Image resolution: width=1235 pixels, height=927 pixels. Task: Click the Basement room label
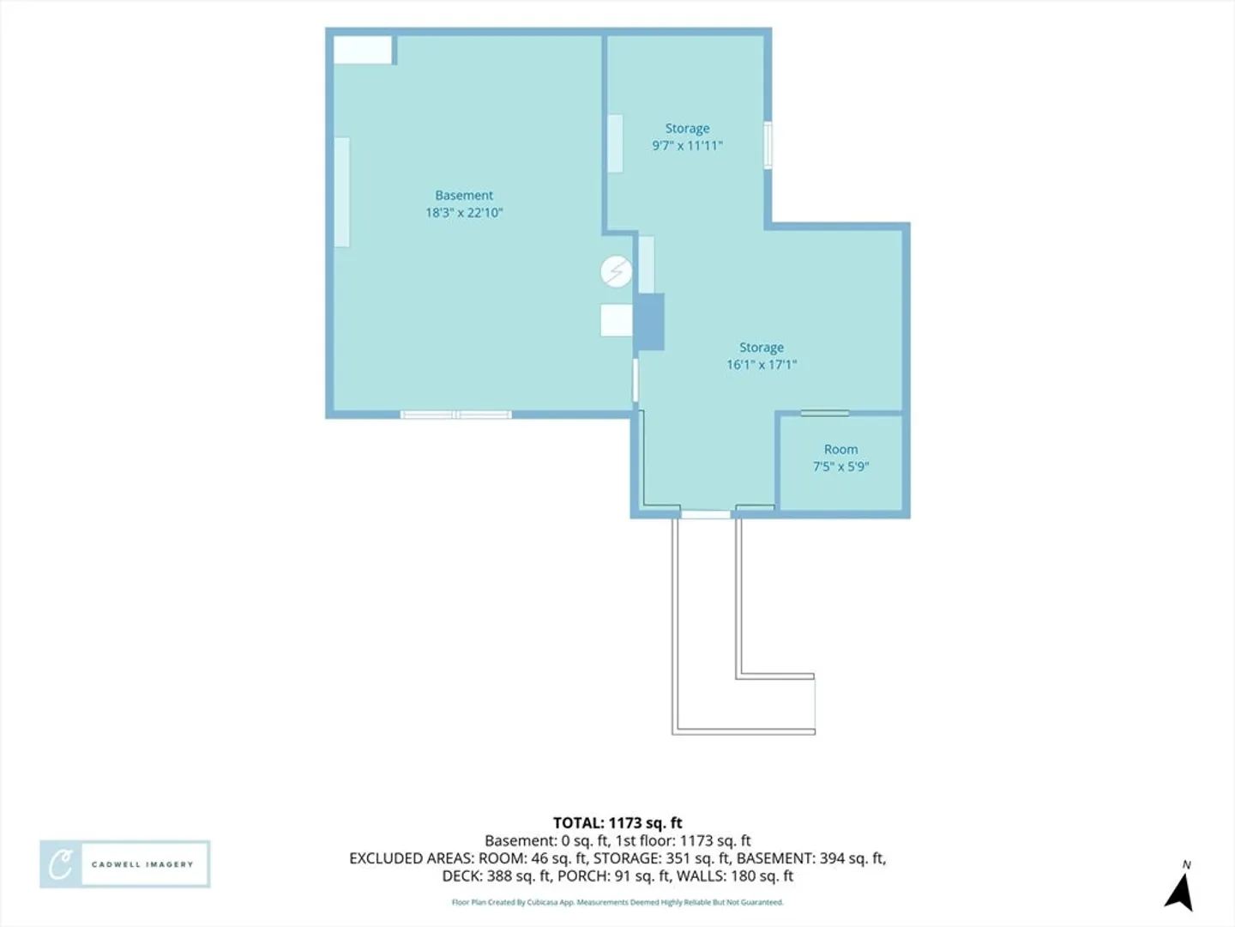[464, 196]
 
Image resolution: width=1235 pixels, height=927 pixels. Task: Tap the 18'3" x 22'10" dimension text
[464, 213]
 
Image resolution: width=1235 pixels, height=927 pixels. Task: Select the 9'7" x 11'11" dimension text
[687, 146]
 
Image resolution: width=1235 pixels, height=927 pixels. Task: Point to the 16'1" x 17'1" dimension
[762, 365]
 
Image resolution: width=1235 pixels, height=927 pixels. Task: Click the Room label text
[840, 449]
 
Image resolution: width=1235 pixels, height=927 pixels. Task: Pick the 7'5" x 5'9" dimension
[840, 467]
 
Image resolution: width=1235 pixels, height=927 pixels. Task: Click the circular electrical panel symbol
[616, 272]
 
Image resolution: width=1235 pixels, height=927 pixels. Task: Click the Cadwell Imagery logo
[125, 864]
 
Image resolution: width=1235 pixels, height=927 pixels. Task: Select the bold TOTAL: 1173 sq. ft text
[617, 823]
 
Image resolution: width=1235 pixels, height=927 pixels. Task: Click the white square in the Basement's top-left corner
[362, 50]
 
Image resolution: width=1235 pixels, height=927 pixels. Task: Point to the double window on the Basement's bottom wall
[455, 415]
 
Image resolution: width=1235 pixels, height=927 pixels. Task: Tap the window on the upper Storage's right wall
[768, 145]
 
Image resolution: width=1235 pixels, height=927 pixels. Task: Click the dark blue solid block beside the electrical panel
[650, 321]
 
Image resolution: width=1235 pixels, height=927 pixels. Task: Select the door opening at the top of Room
[825, 413]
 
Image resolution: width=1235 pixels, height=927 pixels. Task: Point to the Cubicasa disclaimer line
[617, 902]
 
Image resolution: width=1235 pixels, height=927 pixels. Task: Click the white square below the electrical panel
[617, 320]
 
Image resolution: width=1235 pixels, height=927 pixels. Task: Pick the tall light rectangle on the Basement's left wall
[341, 192]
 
